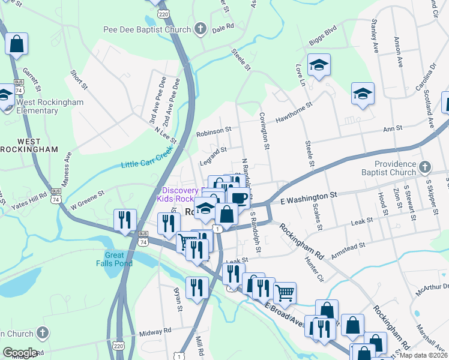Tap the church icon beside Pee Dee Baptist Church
coord(200,28)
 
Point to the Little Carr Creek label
coord(146,161)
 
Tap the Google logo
coord(20,352)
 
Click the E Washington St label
coord(305,197)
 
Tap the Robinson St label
coord(214,130)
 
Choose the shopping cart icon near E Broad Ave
coord(285,293)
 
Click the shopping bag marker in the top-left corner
coord(17,44)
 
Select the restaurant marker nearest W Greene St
coord(125,219)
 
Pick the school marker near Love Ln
coord(319,65)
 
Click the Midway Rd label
coord(155,331)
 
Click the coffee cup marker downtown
coord(238,197)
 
